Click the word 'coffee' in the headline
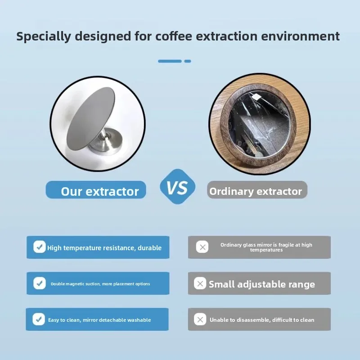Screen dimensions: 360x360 coord(173,36)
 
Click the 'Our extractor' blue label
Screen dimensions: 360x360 coord(96,191)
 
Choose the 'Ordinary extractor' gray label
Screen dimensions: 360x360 coord(256,191)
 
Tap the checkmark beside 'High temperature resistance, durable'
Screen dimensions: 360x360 coord(40,247)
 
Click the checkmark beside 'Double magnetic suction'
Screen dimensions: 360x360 coord(40,283)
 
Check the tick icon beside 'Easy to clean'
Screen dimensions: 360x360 coord(39,319)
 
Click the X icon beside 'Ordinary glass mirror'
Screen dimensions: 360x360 coord(202,247)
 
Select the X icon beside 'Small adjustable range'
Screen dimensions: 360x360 coord(200,283)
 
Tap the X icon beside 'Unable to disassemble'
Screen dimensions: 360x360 coord(200,319)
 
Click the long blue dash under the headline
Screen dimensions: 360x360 coord(170,61)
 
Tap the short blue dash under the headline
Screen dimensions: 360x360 coord(188,61)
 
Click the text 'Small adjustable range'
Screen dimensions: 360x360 coord(262,284)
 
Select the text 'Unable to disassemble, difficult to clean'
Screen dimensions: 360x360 coord(262,320)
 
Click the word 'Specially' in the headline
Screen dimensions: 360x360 coord(44,36)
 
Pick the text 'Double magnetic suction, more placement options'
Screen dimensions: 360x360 coord(100,284)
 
